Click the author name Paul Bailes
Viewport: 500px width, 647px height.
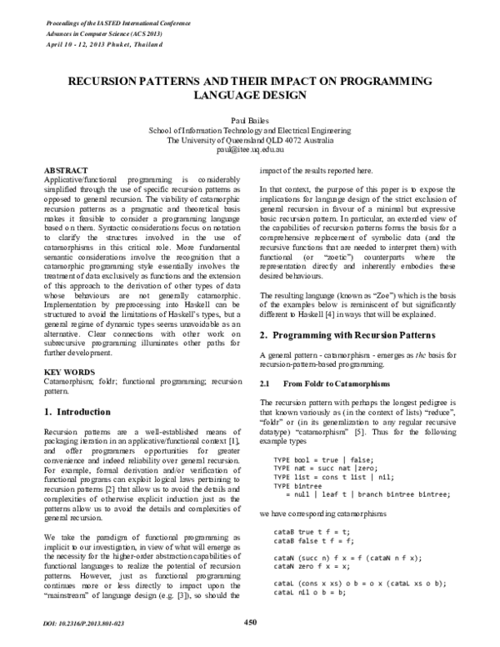pos(250,120)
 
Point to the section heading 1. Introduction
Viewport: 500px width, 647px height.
pos(76,412)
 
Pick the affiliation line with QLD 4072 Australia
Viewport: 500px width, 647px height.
pos(250,140)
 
